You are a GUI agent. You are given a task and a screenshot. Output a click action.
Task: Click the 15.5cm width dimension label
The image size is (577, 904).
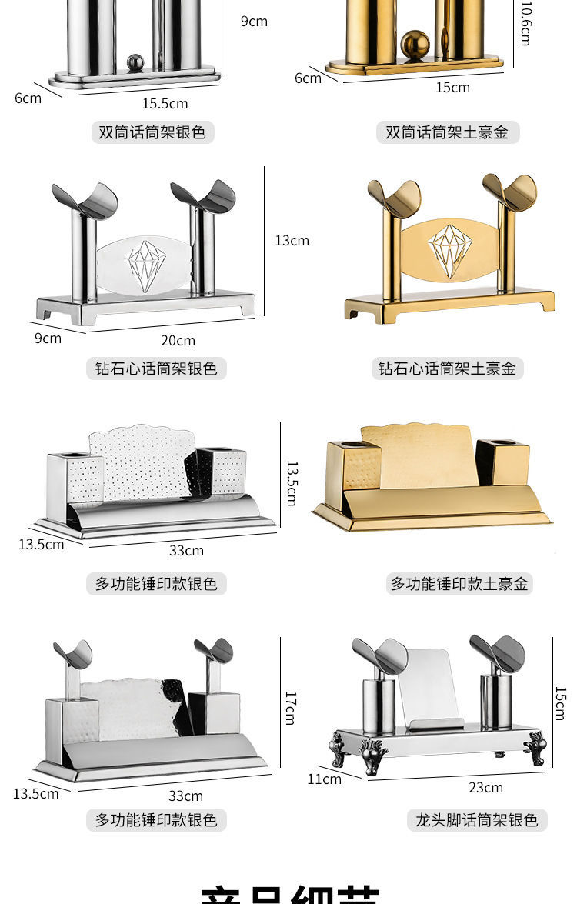pos(165,103)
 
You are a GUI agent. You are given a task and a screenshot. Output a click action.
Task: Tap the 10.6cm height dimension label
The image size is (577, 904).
pos(526,23)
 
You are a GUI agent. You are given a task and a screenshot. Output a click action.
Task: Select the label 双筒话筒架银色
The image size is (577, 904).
pos(152,132)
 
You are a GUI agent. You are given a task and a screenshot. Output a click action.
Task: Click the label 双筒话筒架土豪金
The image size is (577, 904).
pos(447,132)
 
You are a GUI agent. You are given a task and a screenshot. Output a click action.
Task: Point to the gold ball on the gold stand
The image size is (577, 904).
pos(415,45)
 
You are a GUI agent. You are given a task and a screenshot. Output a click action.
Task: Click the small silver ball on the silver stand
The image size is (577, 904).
pos(135,62)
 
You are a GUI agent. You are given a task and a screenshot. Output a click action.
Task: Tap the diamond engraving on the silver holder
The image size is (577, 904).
pos(146,266)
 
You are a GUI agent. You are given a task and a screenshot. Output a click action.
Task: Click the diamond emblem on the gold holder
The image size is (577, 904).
pos(450,251)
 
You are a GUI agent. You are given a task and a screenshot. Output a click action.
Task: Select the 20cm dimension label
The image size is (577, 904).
pos(178,340)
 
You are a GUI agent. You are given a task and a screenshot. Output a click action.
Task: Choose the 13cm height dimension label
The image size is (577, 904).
pos(292,241)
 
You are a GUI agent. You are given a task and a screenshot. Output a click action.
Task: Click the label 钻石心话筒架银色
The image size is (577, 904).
pos(156,369)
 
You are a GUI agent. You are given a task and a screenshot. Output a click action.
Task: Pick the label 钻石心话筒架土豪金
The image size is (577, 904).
pos(447,369)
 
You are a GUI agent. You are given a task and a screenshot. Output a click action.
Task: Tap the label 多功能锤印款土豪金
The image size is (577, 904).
pos(459,584)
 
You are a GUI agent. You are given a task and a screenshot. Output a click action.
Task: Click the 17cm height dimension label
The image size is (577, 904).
pos(291,708)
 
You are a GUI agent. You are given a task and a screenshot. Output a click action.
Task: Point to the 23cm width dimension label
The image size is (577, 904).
pos(485,787)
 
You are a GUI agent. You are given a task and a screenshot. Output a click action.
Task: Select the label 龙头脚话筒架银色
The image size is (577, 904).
pos(476,820)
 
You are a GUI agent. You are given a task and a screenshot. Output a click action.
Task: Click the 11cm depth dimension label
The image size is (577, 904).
pos(324,779)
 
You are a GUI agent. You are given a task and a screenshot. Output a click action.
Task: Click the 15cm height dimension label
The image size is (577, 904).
pos(560,703)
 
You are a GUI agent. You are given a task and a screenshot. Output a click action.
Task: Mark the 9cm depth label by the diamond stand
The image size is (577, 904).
pos(48,338)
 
